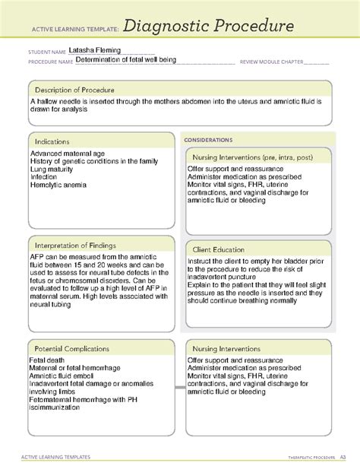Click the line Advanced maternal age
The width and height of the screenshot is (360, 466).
tap(68, 154)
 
